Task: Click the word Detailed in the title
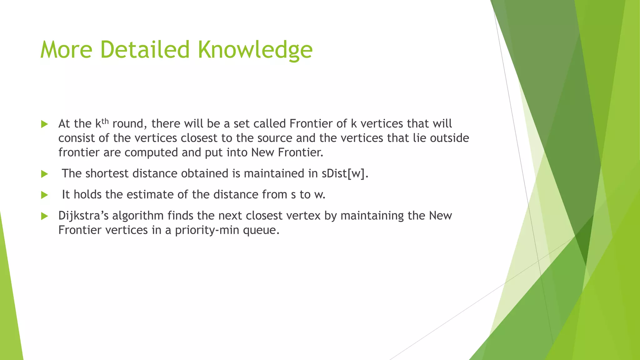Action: tap(145, 50)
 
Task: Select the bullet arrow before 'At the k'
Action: tap(44, 124)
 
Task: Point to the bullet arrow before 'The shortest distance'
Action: tap(44, 174)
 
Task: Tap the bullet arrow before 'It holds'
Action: tap(44, 195)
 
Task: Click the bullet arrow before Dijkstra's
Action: tap(44, 216)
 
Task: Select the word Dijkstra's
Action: tap(83, 216)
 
